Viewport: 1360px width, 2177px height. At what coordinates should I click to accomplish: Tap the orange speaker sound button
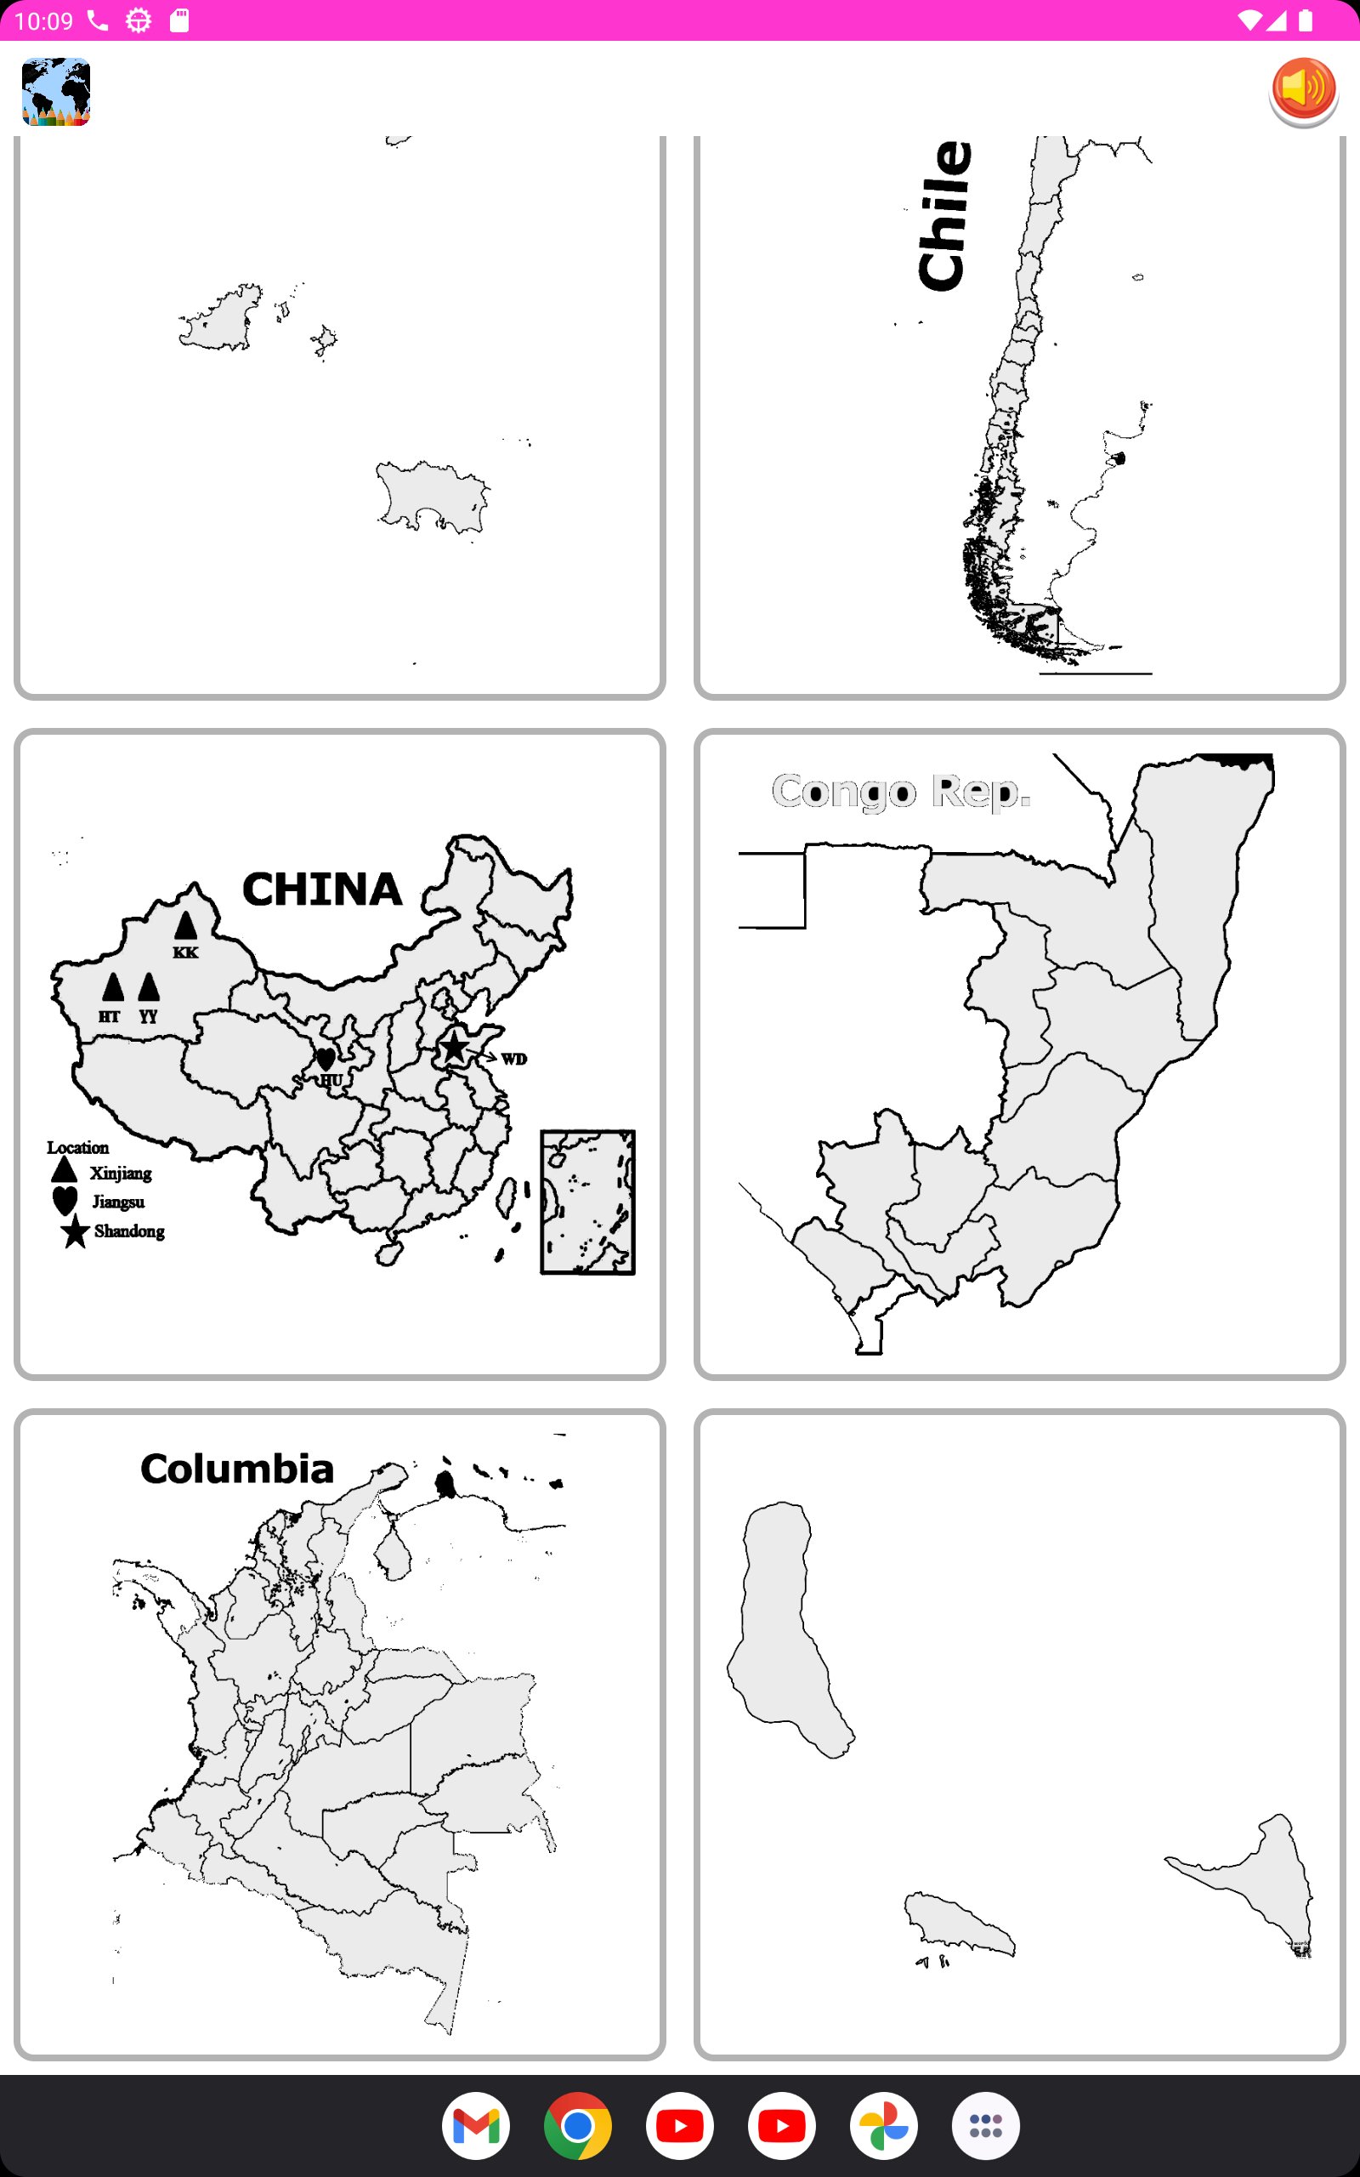pos(1303,91)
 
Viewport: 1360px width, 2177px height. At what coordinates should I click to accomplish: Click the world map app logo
pos(56,92)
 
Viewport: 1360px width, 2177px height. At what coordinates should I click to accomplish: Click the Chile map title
pos(945,216)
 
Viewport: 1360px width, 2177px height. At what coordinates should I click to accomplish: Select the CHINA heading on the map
pos(322,889)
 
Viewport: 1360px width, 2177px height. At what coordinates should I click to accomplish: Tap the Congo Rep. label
pos(900,792)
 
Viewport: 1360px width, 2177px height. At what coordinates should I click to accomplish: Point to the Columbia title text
pos(237,1469)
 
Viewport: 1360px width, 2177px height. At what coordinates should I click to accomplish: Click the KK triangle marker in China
pos(185,926)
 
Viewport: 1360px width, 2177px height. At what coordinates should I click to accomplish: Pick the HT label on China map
pos(109,1016)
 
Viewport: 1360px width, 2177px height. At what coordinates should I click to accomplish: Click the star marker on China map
pos(454,1047)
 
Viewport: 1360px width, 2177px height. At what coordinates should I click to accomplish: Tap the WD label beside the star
pos(513,1059)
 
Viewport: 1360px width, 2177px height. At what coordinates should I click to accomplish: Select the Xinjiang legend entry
pos(120,1173)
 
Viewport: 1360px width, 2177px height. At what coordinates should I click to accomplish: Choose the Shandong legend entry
pos(128,1231)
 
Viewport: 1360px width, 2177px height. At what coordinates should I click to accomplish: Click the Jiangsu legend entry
pos(118,1202)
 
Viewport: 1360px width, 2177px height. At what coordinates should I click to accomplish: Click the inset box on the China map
pos(587,1202)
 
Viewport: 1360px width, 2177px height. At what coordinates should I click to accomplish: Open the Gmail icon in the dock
pos(476,2126)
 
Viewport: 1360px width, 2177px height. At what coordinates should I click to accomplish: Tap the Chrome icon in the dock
pos(577,2126)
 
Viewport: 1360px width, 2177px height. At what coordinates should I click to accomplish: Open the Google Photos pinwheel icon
pos(883,2126)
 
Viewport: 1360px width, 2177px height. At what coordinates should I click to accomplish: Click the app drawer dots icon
pos(986,2126)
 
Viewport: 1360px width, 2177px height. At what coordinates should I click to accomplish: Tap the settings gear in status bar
pos(139,20)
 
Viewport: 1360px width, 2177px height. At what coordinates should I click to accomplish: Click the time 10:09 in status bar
pos(43,20)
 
